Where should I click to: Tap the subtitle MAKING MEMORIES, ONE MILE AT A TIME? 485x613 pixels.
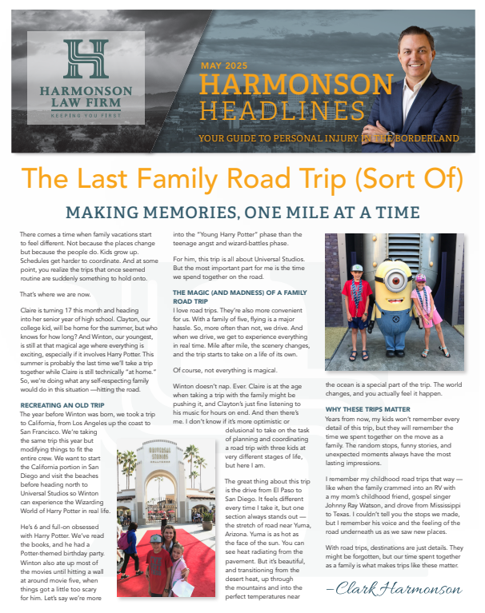tap(242, 212)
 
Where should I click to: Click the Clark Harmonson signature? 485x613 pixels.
tap(395, 589)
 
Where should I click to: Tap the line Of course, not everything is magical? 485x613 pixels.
tap(219, 370)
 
